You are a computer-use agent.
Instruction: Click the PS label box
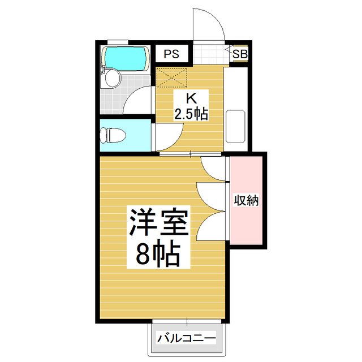pos(172,54)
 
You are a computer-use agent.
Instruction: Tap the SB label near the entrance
pos(240,54)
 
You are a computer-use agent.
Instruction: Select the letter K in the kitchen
pos(191,97)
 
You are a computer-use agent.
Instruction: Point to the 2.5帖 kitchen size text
pos(191,114)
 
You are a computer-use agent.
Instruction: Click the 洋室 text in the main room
pos(158,223)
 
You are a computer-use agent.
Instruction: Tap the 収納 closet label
pos(247,200)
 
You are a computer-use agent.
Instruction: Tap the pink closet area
pos(247,221)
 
